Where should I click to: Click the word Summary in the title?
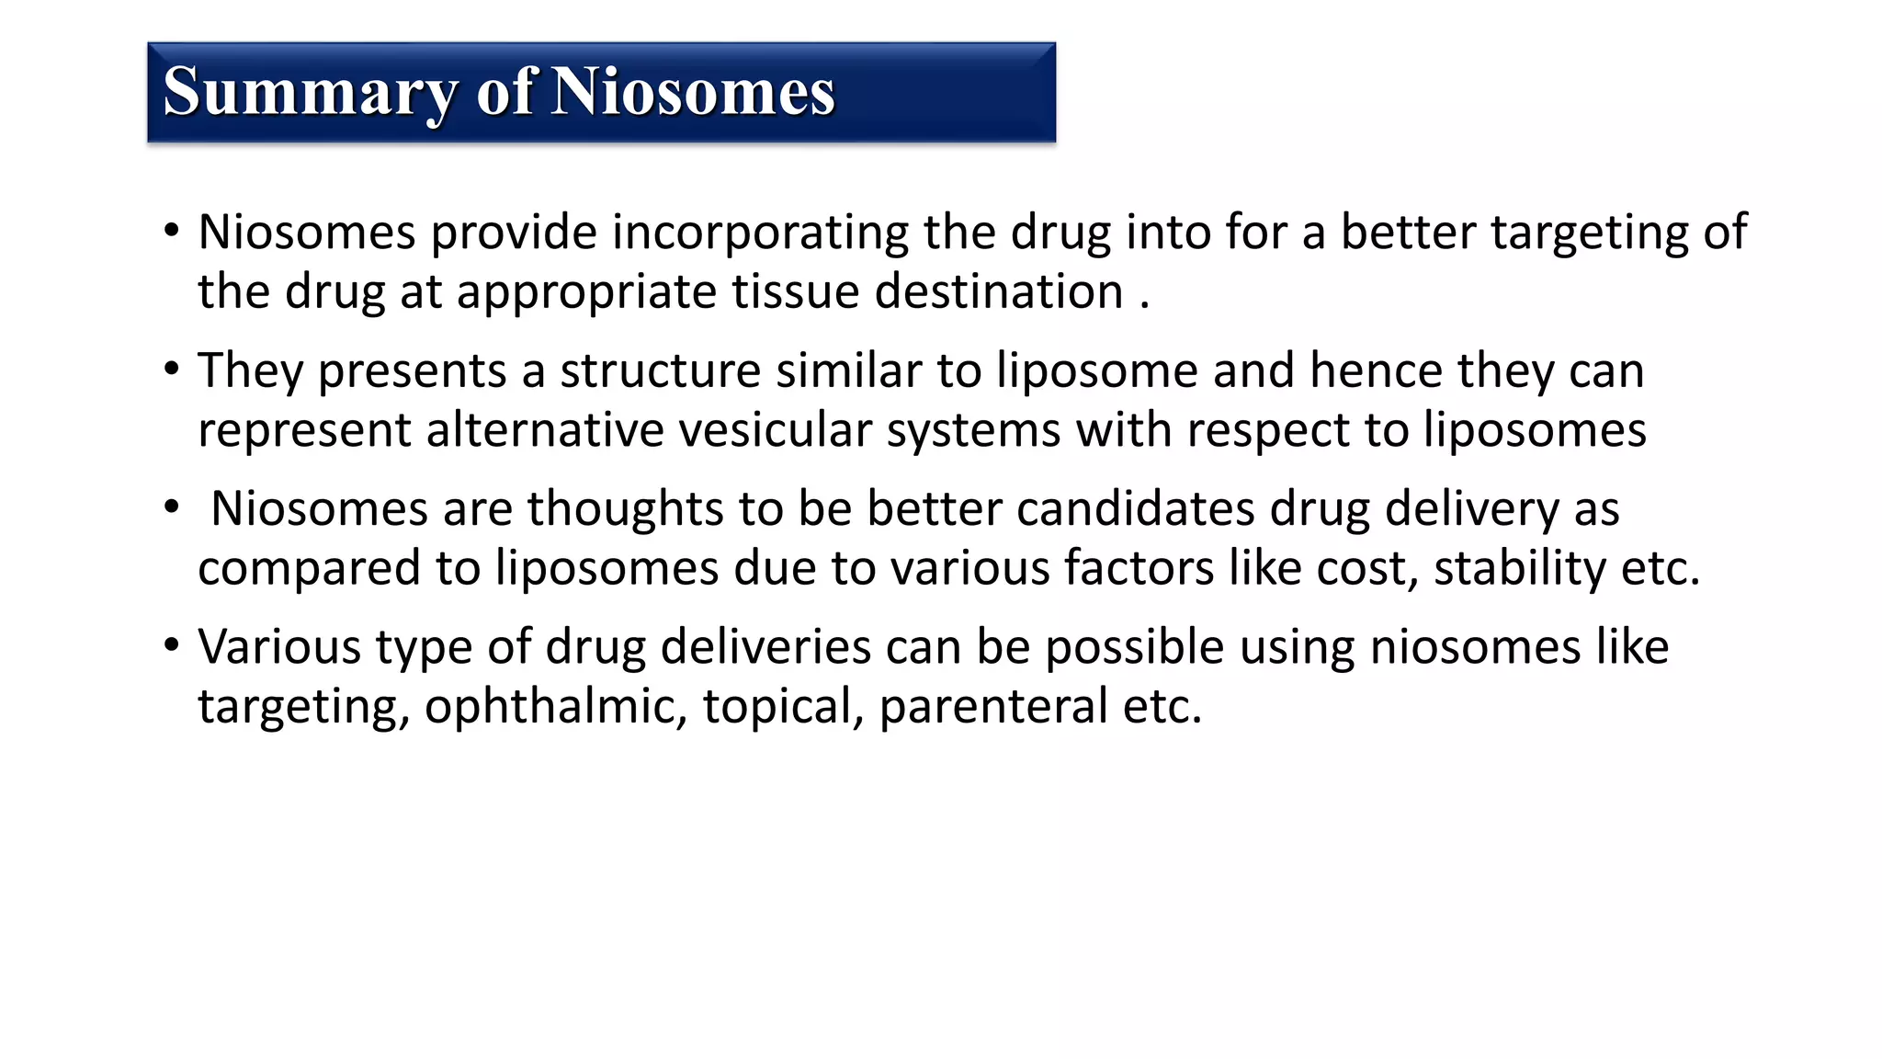pos(310,92)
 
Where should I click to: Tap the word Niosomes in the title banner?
pos(693,92)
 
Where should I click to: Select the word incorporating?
pos(760,232)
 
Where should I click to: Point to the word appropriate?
pos(586,292)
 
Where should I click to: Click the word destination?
pos(999,292)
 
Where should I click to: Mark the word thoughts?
pos(625,508)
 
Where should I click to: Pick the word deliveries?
pos(765,647)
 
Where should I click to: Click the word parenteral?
pos(993,707)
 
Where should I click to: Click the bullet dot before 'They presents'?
pos(172,370)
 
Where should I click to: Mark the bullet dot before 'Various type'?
pos(172,645)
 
